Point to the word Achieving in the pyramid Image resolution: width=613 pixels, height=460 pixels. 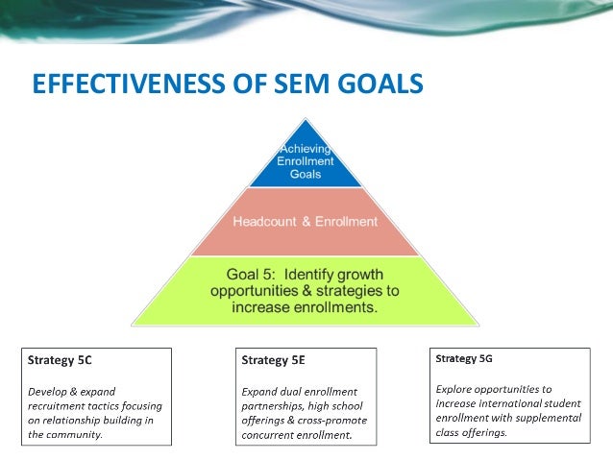[306, 149]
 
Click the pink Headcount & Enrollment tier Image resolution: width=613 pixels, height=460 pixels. [306, 222]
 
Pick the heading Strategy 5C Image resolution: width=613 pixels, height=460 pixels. [60, 361]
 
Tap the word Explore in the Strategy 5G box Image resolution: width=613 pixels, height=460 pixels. [455, 389]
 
